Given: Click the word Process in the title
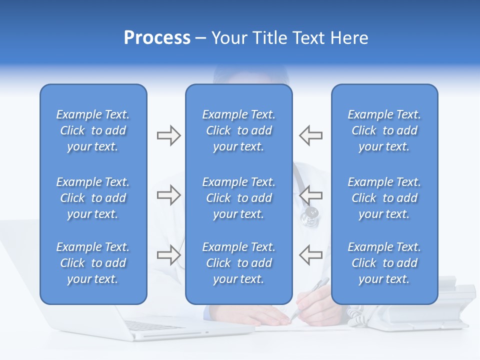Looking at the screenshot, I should [x=157, y=38].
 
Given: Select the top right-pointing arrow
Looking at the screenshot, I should [x=168, y=135].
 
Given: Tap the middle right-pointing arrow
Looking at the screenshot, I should [x=168, y=195].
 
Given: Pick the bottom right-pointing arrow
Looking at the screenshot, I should [x=168, y=255].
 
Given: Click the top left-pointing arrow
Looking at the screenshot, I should [x=310, y=135].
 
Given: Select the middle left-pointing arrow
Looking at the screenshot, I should [x=310, y=195].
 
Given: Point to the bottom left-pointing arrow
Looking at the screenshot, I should [x=310, y=255].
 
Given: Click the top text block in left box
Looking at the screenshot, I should [x=93, y=130].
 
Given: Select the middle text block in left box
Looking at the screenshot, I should [x=93, y=198].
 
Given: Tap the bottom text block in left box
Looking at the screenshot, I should [x=93, y=263].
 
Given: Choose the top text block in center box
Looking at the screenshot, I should [x=238, y=130].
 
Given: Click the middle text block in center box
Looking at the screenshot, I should [x=238, y=198].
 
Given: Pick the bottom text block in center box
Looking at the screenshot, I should [x=238, y=263].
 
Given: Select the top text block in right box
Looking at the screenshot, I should [x=384, y=130].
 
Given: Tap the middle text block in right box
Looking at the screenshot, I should [x=384, y=198].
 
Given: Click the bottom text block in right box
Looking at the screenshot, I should [x=384, y=263].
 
